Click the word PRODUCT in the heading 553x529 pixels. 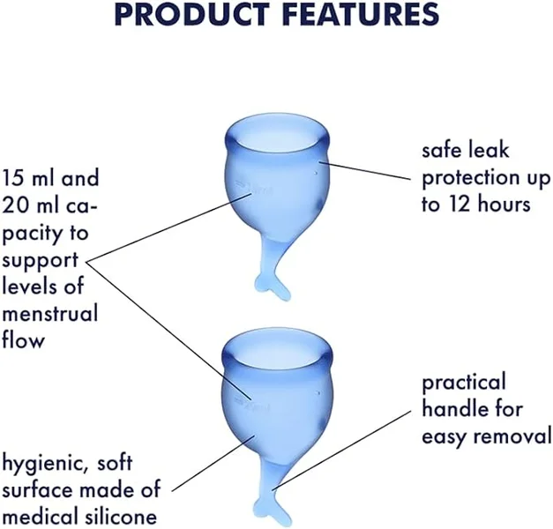(x=191, y=13)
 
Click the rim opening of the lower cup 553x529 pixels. (x=278, y=349)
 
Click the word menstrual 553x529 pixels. (x=50, y=314)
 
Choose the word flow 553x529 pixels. (x=23, y=339)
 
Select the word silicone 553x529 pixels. (x=121, y=517)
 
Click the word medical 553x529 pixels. (x=41, y=517)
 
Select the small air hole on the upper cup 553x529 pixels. (x=316, y=173)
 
